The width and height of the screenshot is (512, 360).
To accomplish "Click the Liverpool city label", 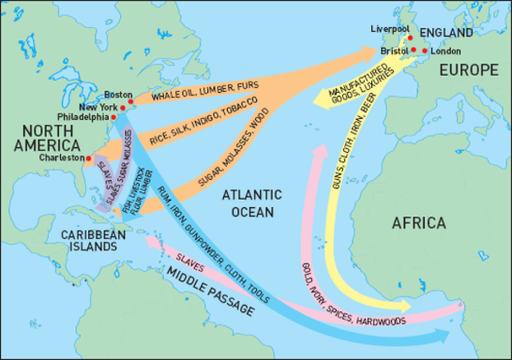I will pyautogui.click(x=389, y=29).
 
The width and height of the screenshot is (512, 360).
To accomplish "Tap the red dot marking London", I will pyautogui.click(x=424, y=50).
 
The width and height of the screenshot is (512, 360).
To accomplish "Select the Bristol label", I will pyautogui.click(x=394, y=50).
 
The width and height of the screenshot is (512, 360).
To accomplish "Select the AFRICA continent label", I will pyautogui.click(x=418, y=223).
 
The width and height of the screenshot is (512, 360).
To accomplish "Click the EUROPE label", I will pyautogui.click(x=468, y=70).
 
